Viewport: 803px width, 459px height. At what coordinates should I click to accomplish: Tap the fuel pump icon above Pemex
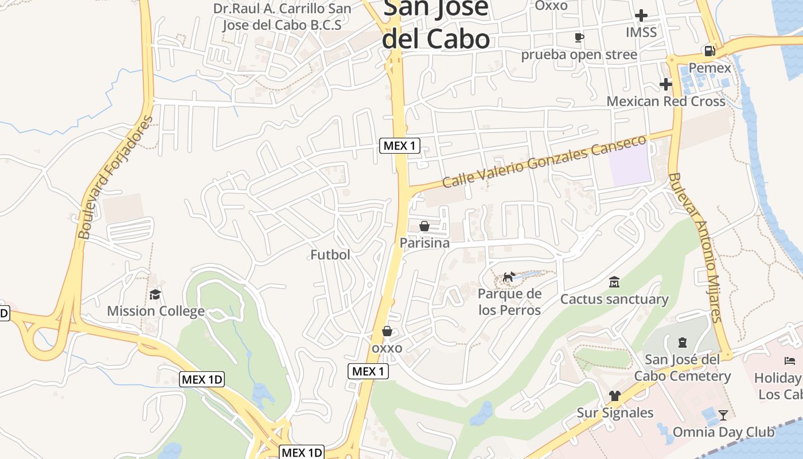(x=710, y=51)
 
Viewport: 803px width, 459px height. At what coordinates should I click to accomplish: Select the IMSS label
(x=641, y=32)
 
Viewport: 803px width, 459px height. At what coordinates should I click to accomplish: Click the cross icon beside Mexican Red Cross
(x=665, y=84)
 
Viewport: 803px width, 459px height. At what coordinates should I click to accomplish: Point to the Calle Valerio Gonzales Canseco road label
(x=544, y=161)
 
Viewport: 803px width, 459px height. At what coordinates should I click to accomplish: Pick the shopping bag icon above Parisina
(x=424, y=226)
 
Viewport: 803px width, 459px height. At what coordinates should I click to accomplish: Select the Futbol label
(x=330, y=255)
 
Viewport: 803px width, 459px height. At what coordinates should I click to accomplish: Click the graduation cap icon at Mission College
(x=155, y=295)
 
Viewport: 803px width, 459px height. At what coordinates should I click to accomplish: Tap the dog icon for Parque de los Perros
(x=509, y=278)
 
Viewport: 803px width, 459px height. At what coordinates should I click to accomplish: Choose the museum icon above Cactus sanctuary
(x=614, y=282)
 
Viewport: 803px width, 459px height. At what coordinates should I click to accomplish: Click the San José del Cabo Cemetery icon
(x=682, y=343)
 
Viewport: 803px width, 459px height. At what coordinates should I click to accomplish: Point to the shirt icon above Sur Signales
(x=615, y=395)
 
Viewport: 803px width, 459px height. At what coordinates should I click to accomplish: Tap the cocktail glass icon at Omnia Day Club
(x=723, y=415)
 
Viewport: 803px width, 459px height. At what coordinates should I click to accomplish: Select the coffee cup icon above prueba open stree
(x=579, y=38)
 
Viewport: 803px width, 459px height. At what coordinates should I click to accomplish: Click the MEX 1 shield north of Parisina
(x=400, y=146)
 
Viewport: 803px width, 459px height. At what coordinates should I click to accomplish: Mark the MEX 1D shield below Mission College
(x=201, y=379)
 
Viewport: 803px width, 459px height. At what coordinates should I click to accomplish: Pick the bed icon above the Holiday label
(x=790, y=361)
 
